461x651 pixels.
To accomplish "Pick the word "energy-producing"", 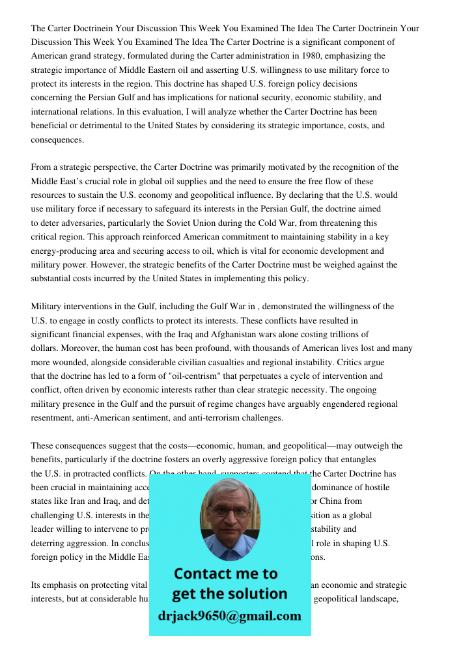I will pyautogui.click(x=65, y=251).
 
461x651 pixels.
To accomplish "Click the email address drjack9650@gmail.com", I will pyautogui.click(x=229, y=616).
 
